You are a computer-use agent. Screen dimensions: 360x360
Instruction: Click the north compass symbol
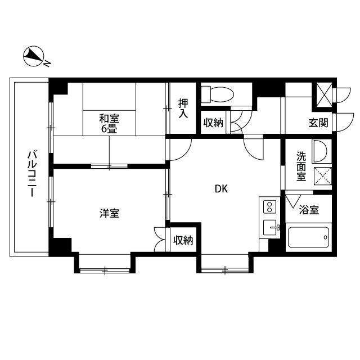pyautogui.click(x=34, y=56)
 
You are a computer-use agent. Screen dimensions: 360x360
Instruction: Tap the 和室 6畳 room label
pyautogui.click(x=109, y=123)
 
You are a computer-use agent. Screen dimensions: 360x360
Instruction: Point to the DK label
pyautogui.click(x=221, y=189)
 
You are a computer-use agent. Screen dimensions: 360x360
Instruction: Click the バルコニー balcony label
pyautogui.click(x=31, y=173)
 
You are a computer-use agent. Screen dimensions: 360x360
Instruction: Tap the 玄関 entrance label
pyautogui.click(x=318, y=123)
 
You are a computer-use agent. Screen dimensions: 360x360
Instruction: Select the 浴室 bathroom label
pyautogui.click(x=309, y=210)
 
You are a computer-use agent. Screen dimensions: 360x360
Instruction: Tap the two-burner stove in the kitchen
pyautogui.click(x=269, y=206)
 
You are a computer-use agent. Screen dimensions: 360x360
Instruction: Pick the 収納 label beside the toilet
pyautogui.click(x=213, y=123)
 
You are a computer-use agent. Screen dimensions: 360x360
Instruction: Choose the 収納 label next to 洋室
pyautogui.click(x=183, y=241)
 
